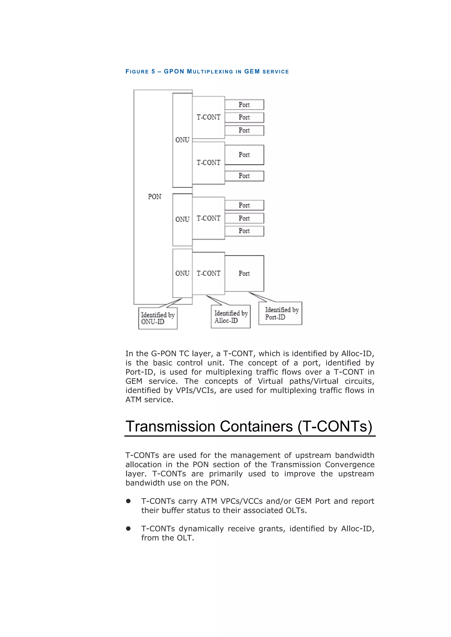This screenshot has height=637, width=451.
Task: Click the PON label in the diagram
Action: click(x=154, y=197)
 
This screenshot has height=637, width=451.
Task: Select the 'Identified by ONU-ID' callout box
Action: click(x=158, y=318)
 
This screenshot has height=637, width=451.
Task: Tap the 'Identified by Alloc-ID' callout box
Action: click(x=231, y=317)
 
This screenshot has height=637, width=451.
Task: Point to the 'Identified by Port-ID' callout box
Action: click(x=280, y=313)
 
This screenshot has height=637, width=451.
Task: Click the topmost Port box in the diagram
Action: click(x=244, y=105)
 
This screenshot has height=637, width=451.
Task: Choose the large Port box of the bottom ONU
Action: click(x=244, y=273)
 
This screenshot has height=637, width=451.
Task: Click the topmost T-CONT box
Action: click(x=208, y=117)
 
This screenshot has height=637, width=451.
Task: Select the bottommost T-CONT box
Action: click(x=208, y=273)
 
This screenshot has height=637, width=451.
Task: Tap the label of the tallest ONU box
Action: click(x=182, y=140)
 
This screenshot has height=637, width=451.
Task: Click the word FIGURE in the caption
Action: click(x=137, y=71)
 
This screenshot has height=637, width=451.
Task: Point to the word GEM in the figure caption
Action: click(x=252, y=71)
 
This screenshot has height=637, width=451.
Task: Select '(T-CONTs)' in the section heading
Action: click(x=335, y=426)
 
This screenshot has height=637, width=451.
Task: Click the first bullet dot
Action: click(x=128, y=501)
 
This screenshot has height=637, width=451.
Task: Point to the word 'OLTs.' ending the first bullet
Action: click(x=296, y=510)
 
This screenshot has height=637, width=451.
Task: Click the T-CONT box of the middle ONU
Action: click(x=208, y=218)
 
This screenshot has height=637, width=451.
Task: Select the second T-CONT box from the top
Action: click(x=208, y=163)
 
